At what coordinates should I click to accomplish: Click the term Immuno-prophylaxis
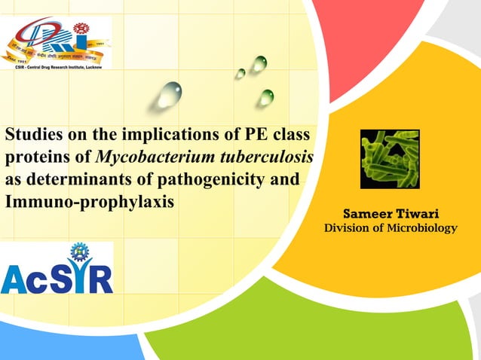tap(90, 203)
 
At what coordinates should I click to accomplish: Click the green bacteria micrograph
tap(390, 159)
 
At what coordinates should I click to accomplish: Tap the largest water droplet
tap(170, 95)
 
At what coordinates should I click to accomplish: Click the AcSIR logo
tap(57, 275)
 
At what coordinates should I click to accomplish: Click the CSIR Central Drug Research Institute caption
tap(57, 66)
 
